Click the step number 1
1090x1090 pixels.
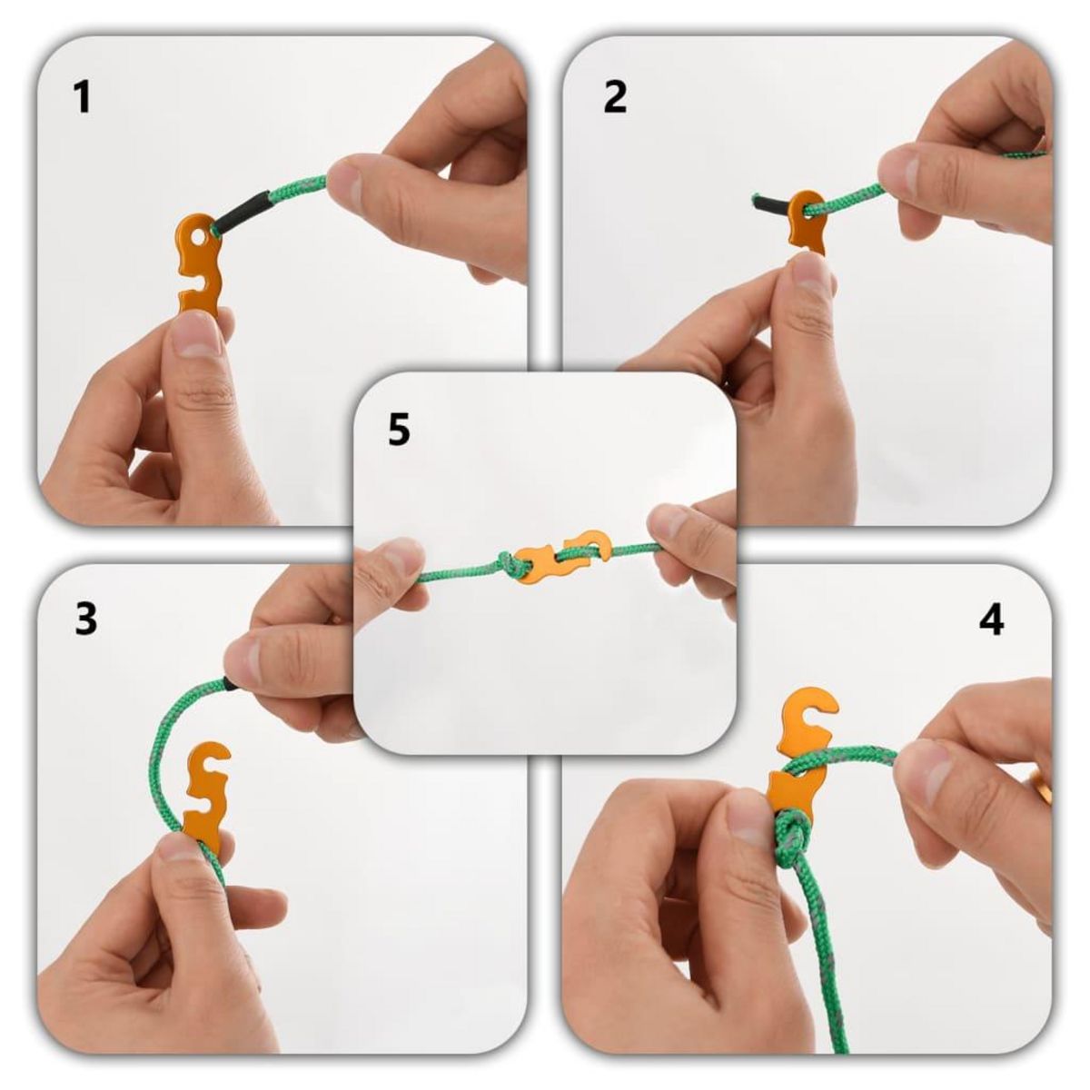[x=83, y=97]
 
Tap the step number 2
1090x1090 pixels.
[x=615, y=97]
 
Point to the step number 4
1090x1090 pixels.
[x=991, y=620]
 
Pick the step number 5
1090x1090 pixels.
[x=399, y=430]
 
